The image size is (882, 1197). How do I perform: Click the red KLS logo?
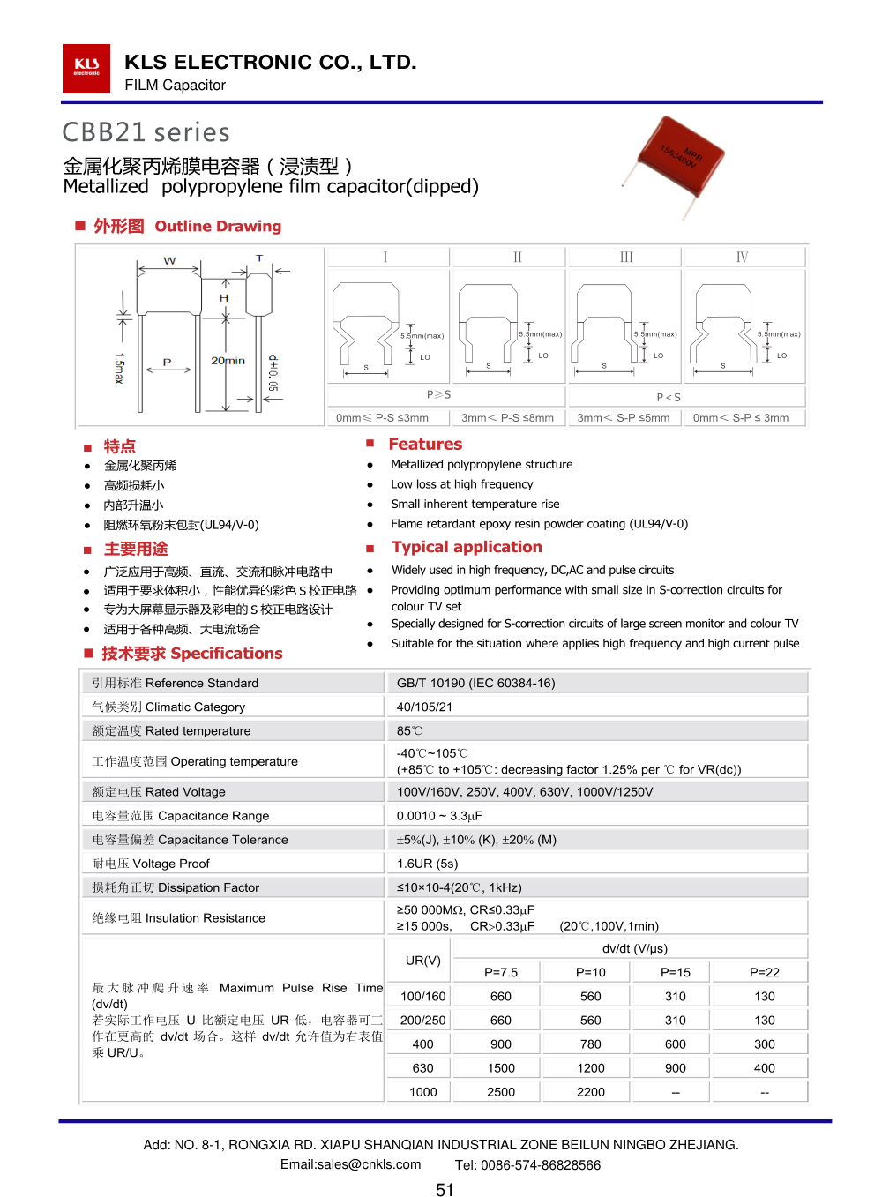pos(86,68)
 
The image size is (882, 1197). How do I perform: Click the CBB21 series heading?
pos(146,132)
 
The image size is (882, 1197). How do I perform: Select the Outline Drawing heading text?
pos(218,227)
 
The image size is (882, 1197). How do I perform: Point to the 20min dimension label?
pos(228,361)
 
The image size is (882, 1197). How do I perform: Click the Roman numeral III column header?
pos(626,258)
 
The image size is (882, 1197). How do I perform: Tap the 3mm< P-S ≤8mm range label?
pos(507,418)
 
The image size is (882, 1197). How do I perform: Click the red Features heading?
pos(425,445)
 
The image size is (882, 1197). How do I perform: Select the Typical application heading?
pos(467,548)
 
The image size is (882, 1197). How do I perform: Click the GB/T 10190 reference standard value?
pos(475,683)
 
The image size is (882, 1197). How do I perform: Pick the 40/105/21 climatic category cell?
pos(424,707)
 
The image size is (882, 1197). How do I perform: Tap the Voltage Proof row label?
pos(151,864)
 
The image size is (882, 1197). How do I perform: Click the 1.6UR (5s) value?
pos(427,864)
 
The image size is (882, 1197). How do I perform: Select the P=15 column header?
pos(676,972)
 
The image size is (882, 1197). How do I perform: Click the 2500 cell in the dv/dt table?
pos(501,1092)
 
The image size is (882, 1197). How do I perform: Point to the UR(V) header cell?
pos(423,961)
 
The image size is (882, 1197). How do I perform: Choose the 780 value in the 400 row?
pos(591,1044)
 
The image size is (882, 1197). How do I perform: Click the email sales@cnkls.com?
pos(350,1164)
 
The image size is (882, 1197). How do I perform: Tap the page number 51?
pos(445,1190)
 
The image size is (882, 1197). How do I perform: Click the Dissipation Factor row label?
pos(176,887)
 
